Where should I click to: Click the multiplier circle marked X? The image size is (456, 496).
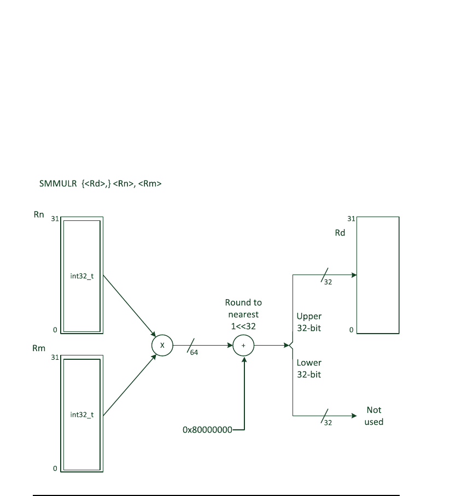pyautogui.click(x=162, y=346)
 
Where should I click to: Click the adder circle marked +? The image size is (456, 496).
pyautogui.click(x=244, y=346)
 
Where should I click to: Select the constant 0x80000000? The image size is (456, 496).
pyautogui.click(x=207, y=430)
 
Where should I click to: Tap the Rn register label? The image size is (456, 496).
pyautogui.click(x=39, y=215)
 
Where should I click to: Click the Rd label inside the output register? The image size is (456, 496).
pyautogui.click(x=340, y=232)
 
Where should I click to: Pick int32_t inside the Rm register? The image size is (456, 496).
pyautogui.click(x=82, y=415)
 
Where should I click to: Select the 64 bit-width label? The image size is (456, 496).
pyautogui.click(x=194, y=353)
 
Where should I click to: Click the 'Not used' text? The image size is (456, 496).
pyautogui.click(x=374, y=416)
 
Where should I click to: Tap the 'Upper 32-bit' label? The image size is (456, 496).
pyautogui.click(x=309, y=322)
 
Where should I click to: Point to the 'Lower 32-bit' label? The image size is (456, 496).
pyautogui.click(x=309, y=368)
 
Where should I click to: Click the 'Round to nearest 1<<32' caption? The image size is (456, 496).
pyautogui.click(x=243, y=314)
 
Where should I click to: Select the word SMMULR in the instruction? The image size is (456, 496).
pyautogui.click(x=54, y=184)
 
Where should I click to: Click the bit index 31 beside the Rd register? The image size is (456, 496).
pyautogui.click(x=351, y=219)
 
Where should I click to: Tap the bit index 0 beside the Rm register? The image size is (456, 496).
pyautogui.click(x=55, y=469)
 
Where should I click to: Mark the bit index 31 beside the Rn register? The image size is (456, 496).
pyautogui.click(x=55, y=219)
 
